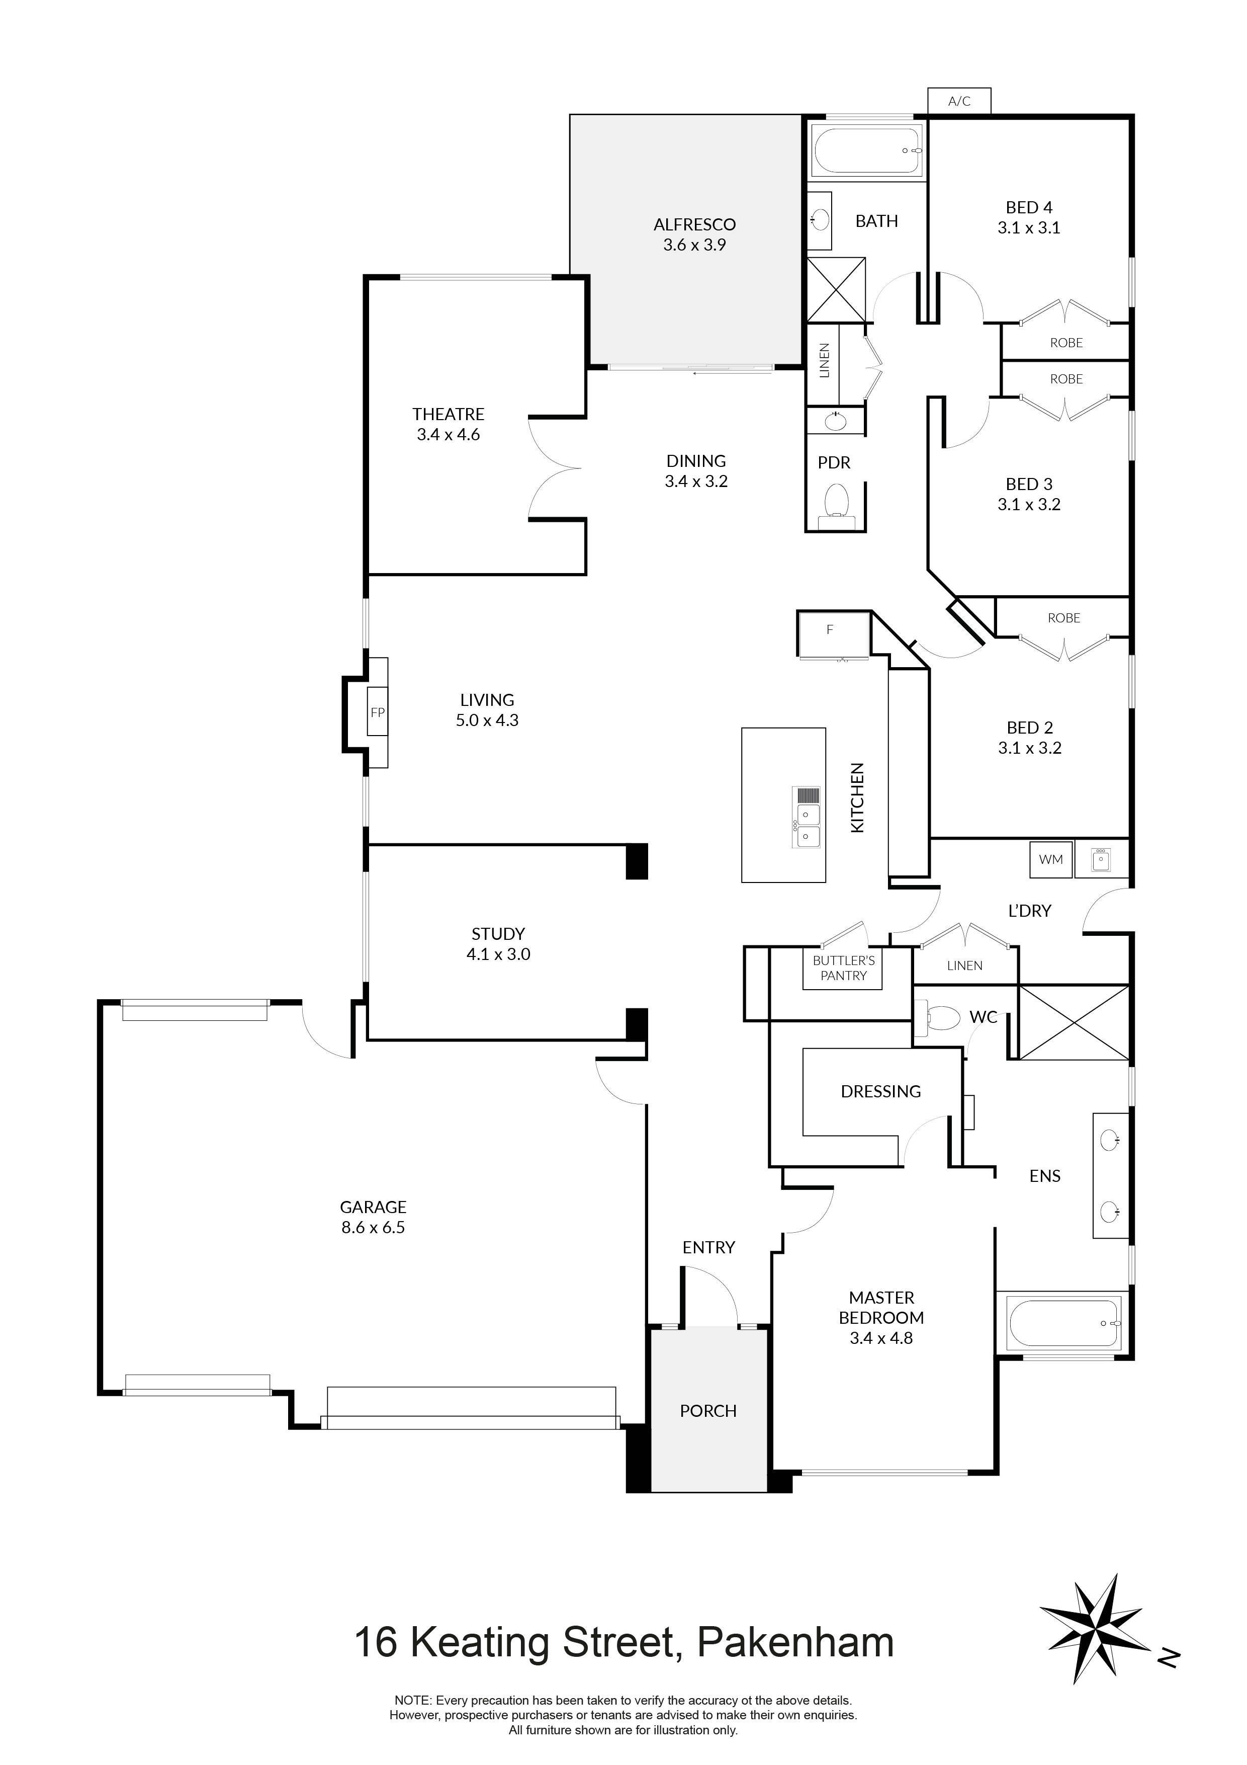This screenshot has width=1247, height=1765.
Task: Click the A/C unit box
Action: coord(959,101)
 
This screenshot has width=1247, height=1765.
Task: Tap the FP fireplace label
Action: coord(377,712)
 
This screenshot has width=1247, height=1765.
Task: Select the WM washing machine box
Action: coord(1050,859)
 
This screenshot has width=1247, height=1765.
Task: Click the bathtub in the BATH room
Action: coord(866,151)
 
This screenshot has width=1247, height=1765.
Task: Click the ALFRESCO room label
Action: coord(694,224)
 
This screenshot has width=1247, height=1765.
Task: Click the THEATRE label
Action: coord(448,415)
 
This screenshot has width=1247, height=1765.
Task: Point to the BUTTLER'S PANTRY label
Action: coord(844,968)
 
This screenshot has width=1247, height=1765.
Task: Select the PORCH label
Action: coord(707,1411)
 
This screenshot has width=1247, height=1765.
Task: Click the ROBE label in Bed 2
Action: coord(1063,618)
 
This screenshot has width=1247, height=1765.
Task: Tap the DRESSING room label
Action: coord(880,1092)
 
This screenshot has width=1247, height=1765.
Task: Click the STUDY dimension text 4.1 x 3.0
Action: coord(498,954)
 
